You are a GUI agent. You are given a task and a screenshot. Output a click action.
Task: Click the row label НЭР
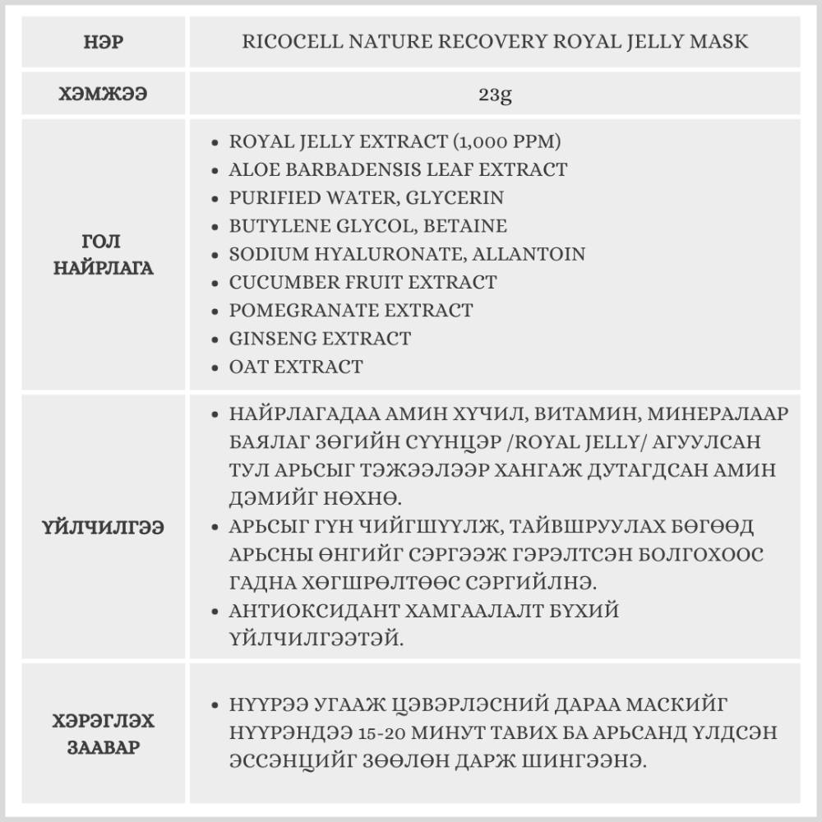pos(105,41)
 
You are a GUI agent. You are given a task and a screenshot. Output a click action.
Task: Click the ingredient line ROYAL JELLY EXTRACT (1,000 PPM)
pos(395,141)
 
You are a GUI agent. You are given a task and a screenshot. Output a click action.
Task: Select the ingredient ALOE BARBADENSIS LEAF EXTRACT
pos(398,169)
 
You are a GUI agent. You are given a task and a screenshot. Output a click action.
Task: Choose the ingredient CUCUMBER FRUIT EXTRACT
pos(363,282)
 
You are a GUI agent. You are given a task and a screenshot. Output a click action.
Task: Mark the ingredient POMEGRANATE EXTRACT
pos(351,310)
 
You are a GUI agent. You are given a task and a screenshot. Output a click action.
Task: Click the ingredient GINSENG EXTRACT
pos(320,338)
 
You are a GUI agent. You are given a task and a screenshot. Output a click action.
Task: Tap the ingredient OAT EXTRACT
pos(296,366)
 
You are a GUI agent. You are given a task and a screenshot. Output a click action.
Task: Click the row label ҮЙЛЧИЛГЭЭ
pos(105,526)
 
